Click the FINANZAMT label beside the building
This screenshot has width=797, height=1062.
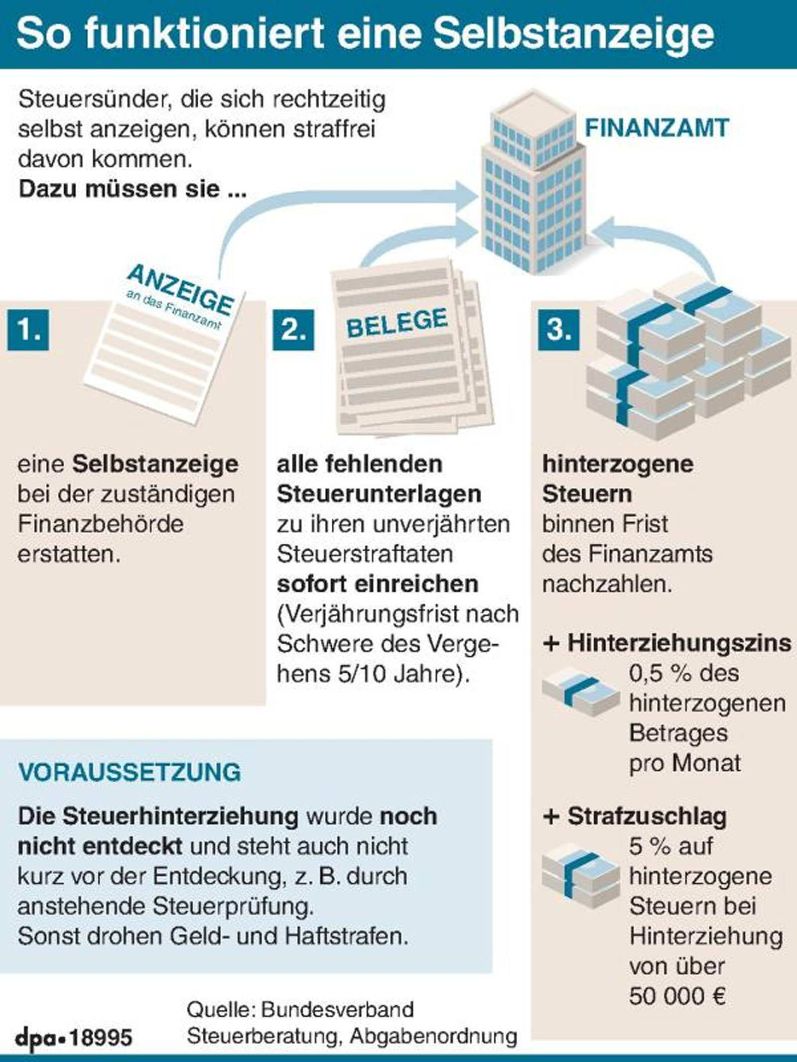tap(657, 128)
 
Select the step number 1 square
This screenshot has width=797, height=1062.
tap(28, 330)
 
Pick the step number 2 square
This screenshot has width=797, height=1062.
tap(293, 330)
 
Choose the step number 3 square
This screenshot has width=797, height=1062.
tap(559, 330)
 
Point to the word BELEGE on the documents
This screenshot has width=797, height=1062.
tap(397, 323)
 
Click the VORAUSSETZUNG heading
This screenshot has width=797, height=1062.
tap(130, 772)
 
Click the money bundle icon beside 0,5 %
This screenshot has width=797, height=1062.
tap(581, 694)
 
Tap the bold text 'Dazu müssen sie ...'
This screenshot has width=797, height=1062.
tap(133, 189)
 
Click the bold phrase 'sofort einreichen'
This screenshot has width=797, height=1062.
tap(378, 584)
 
